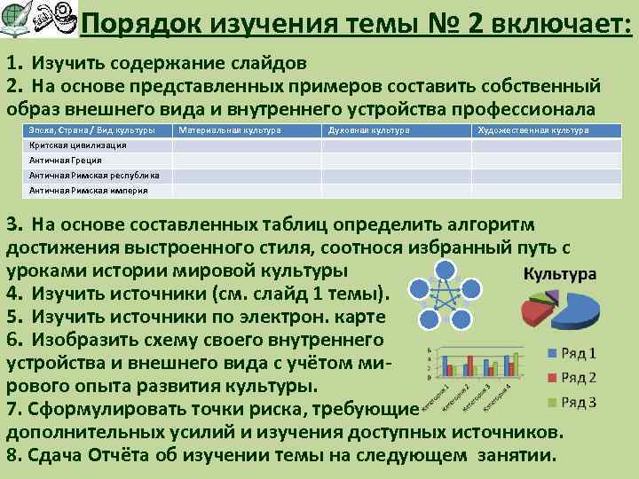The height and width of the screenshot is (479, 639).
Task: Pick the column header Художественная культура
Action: [532, 130]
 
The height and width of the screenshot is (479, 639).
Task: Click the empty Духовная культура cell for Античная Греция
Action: [396, 161]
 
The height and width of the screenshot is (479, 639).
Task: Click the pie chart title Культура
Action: [559, 274]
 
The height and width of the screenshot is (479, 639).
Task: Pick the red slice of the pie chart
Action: [535, 311]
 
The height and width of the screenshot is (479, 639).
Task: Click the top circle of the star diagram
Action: [446, 271]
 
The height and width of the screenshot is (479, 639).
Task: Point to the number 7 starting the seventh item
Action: [12, 410]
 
